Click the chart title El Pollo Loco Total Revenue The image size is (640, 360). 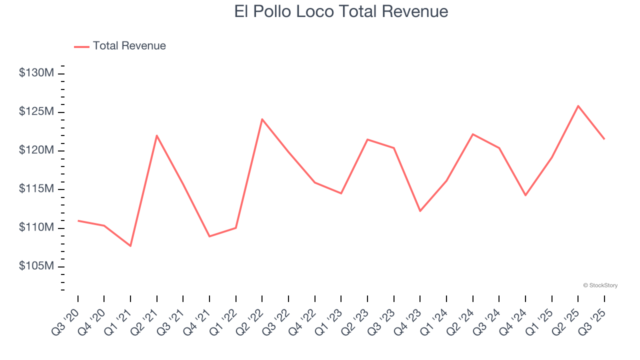coord(341,11)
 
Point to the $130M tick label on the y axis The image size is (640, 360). coord(36,73)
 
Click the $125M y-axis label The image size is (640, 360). coord(36,111)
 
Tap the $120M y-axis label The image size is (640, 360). coord(36,150)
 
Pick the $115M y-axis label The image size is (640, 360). coord(36,189)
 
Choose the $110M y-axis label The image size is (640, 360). coord(36,227)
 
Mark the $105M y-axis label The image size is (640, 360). coord(36,266)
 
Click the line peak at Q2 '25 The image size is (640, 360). coord(578,106)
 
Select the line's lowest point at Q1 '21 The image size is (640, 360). coord(130,246)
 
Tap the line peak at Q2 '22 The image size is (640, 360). coord(262,119)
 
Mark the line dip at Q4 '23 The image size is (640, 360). coord(420,211)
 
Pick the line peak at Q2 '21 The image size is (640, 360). coord(157,135)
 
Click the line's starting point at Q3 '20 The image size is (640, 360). coord(78,220)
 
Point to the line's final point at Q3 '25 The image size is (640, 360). coord(604,139)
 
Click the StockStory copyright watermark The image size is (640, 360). coord(600,285)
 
